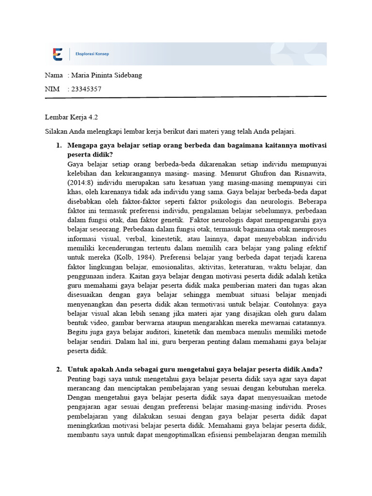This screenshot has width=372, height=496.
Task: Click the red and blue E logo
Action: point(58,54)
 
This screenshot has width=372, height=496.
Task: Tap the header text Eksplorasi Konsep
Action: point(92,54)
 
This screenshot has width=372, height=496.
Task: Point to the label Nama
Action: point(54,76)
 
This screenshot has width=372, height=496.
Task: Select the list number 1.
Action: point(58,145)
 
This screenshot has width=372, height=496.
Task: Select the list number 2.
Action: point(58,370)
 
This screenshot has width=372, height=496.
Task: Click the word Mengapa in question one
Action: point(83,145)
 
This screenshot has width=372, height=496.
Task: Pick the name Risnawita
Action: point(309,173)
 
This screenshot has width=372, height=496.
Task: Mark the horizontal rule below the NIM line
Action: point(186,97)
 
